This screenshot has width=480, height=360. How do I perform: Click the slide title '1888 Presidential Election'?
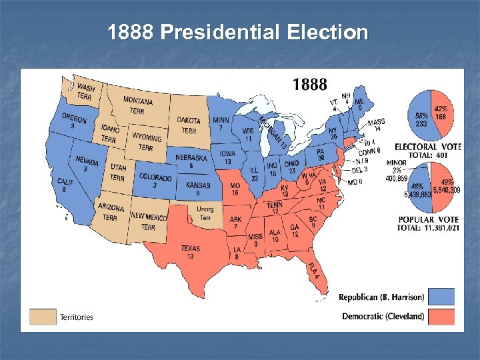(238, 32)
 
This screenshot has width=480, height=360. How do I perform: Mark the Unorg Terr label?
(205, 213)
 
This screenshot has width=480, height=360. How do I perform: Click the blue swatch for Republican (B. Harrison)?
(441, 297)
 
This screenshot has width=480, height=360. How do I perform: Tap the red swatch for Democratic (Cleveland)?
(441, 316)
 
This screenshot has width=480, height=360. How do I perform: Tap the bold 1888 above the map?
(310, 85)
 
